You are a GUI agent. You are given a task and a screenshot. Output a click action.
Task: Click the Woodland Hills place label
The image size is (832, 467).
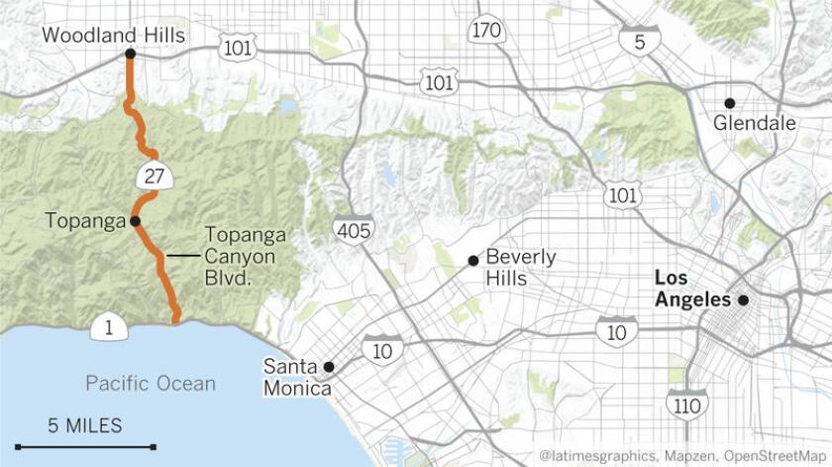[113, 36]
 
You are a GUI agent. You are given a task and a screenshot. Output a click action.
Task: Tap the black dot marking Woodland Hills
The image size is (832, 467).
[131, 56]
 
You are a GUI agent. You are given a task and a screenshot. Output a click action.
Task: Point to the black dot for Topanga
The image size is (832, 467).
[135, 221]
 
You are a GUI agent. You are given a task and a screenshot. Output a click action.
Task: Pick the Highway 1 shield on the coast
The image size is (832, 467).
[107, 326]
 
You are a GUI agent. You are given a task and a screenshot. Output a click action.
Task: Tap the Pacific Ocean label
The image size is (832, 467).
[150, 384]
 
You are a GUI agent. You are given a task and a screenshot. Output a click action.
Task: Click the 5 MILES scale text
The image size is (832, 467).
[85, 425]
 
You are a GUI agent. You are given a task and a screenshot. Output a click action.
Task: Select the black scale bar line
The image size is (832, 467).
[85, 447]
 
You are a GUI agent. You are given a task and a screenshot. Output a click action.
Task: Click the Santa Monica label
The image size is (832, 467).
[296, 377]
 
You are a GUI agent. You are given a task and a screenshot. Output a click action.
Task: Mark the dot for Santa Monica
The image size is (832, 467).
[330, 367]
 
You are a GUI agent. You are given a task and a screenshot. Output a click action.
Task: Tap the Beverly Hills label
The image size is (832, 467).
[520, 267]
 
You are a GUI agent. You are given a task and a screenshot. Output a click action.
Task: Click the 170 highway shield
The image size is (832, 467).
[486, 31]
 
